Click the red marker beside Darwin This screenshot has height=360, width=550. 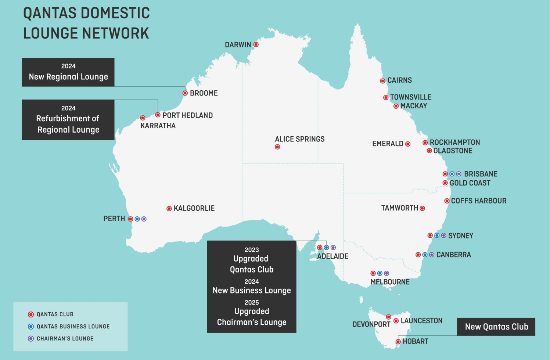click(x=256, y=44)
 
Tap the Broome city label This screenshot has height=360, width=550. click(x=204, y=93)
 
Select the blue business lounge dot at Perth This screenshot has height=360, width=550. click(x=137, y=219)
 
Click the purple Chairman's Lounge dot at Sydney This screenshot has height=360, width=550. click(x=443, y=235)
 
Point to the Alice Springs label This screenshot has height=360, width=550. click(x=299, y=139)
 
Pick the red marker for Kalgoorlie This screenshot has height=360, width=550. click(x=169, y=209)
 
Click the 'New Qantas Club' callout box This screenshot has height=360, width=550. click(x=496, y=327)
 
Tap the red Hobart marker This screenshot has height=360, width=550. click(x=398, y=342)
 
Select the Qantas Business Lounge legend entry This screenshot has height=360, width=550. click(x=73, y=327)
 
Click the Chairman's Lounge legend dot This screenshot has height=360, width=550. click(x=31, y=339)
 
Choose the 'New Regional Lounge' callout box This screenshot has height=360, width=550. click(x=68, y=72)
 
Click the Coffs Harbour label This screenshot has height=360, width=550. click(x=478, y=201)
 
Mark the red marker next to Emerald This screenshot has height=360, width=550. click(x=408, y=144)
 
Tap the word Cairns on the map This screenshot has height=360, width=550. click(x=399, y=80)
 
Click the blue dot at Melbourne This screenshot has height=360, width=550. click(x=380, y=273)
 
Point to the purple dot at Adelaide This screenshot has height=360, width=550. click(x=333, y=248)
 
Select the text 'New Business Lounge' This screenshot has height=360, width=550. click(x=252, y=291)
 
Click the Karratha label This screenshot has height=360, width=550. click(x=158, y=126)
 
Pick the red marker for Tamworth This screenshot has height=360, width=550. click(x=422, y=208)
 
